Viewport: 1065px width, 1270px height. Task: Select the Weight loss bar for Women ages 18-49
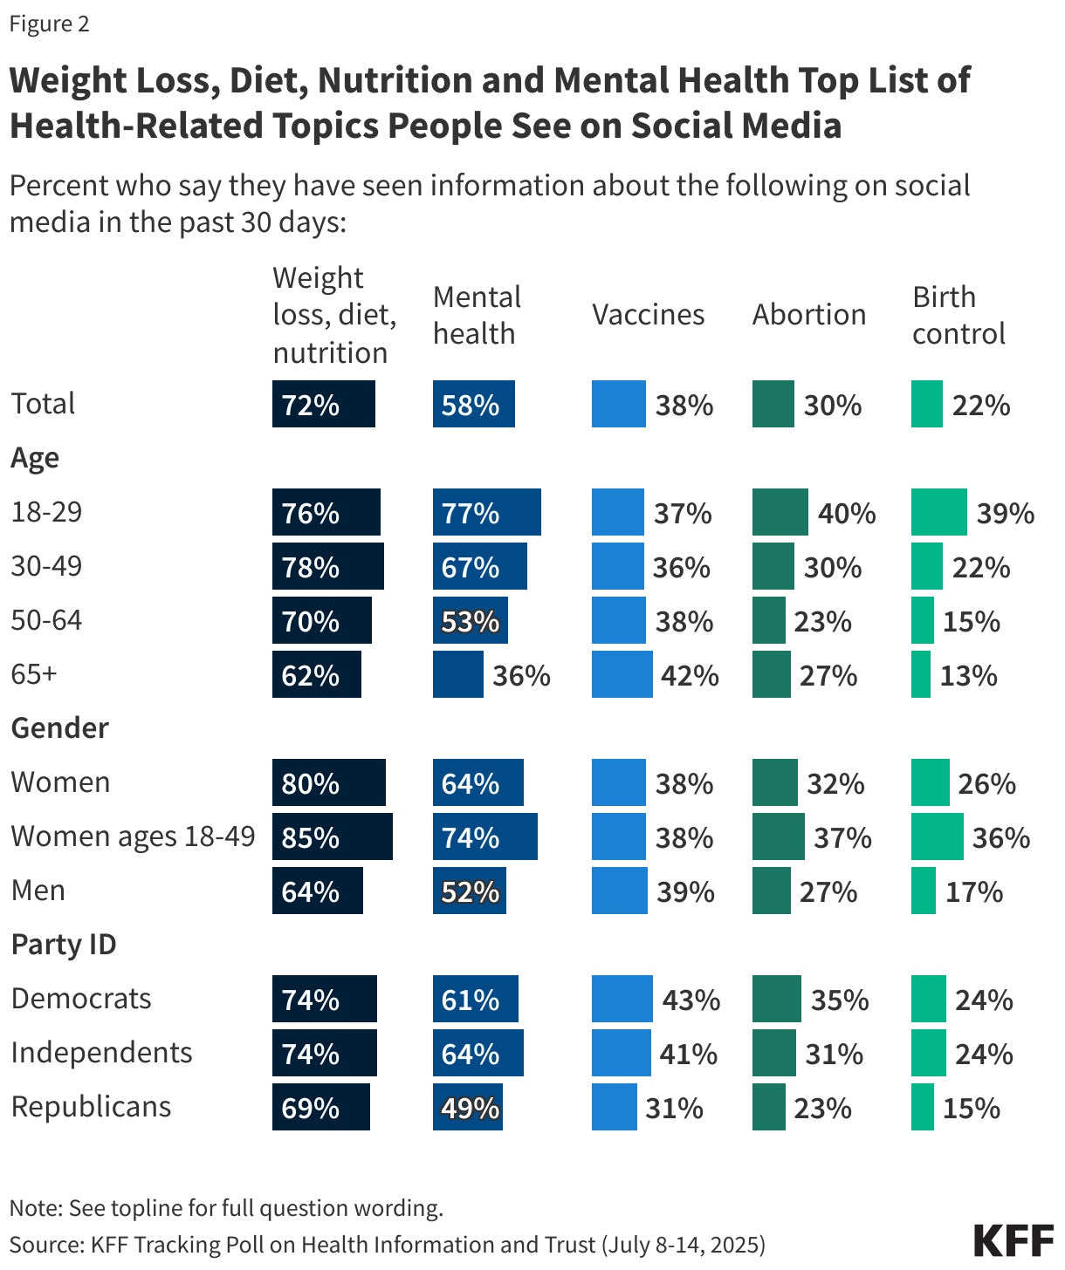click(332, 837)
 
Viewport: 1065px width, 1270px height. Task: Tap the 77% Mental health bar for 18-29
click(486, 513)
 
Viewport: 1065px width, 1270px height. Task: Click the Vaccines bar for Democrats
click(622, 1000)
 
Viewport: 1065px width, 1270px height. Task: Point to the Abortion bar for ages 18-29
click(780, 513)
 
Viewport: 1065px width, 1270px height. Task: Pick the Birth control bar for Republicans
click(922, 1108)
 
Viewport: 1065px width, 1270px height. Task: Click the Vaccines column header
click(648, 315)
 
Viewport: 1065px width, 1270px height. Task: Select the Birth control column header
click(958, 316)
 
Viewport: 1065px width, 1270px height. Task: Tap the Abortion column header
click(808, 315)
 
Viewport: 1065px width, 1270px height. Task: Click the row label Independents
click(101, 1053)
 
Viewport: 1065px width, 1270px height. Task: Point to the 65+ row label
click(34, 674)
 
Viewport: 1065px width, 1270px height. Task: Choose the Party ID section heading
click(64, 945)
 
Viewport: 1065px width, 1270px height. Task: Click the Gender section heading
click(59, 728)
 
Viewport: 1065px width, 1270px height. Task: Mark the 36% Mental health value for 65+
click(521, 676)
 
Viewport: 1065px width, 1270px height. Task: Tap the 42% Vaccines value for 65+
click(690, 676)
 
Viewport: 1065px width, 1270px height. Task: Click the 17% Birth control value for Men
click(974, 892)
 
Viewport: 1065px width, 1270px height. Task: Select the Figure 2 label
click(49, 24)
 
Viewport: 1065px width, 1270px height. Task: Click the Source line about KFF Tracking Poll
click(387, 1245)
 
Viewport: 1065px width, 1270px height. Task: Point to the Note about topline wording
click(226, 1208)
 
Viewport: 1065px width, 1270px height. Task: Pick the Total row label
click(43, 404)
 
